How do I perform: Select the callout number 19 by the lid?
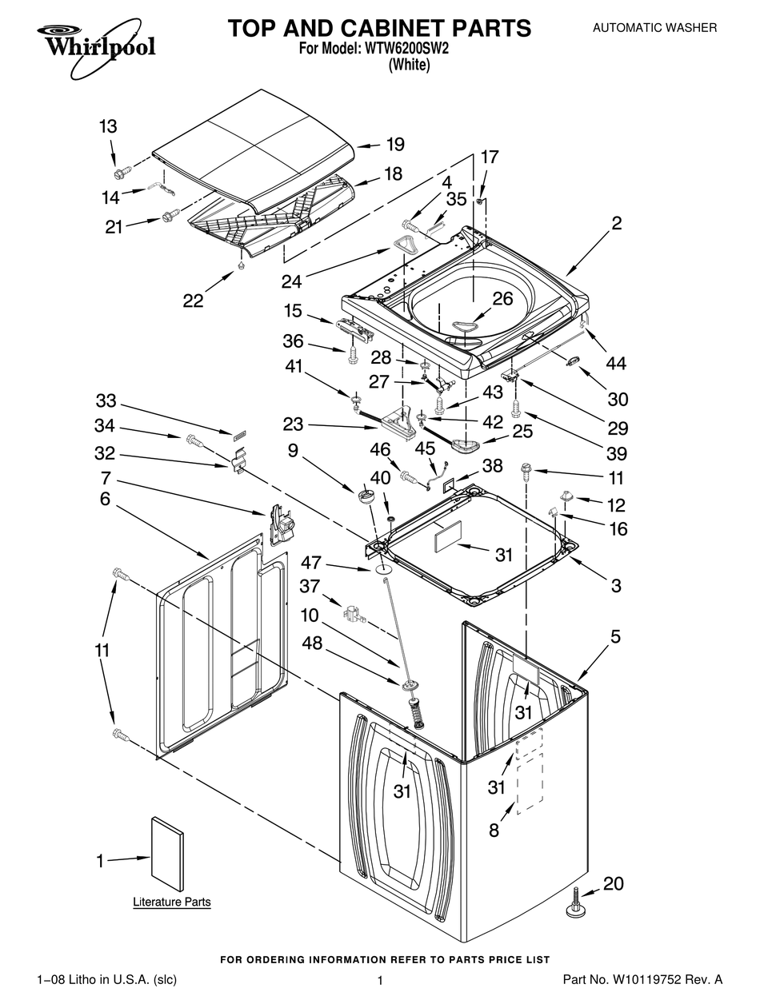tap(394, 145)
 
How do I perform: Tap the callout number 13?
tap(107, 126)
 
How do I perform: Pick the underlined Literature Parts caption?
tap(171, 902)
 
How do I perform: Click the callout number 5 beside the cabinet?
tap(615, 637)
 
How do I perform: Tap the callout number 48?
tap(312, 643)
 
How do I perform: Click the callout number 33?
tap(106, 400)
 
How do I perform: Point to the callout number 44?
tap(616, 364)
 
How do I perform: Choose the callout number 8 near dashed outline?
tap(494, 831)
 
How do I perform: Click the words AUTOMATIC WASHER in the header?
tap(654, 28)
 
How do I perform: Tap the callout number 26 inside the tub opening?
tap(502, 298)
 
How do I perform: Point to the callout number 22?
tap(193, 301)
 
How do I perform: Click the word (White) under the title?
tap(409, 66)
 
